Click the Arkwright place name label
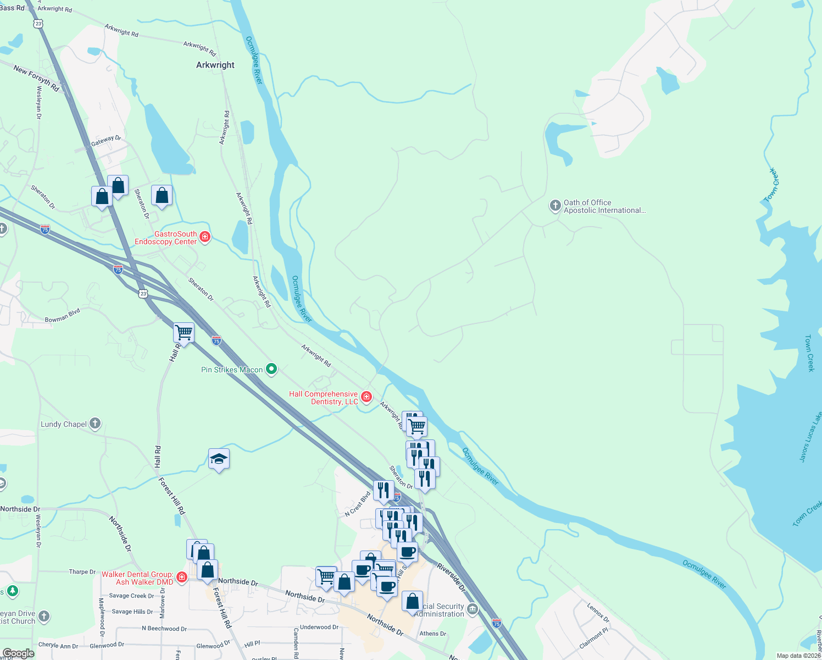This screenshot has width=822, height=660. [x=215, y=65]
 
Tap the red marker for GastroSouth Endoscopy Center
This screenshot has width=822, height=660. [x=205, y=237]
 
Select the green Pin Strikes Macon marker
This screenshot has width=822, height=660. [x=271, y=369]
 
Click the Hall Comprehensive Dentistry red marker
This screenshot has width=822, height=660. [x=366, y=397]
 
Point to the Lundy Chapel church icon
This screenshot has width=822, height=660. [x=95, y=424]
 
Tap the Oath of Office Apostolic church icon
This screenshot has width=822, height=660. [x=555, y=206]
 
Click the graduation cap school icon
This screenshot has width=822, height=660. [x=219, y=459]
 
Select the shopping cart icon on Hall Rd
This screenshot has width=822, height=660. [x=184, y=333]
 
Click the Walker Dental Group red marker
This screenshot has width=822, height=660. [x=181, y=577]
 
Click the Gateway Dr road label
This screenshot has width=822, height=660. [x=106, y=141]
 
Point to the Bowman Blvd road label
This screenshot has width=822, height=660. [x=63, y=316]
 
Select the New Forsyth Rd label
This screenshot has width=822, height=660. [x=36, y=78]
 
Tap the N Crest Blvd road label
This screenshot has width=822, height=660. [x=358, y=503]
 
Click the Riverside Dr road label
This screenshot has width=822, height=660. [x=451, y=577]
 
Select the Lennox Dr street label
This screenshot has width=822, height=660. [x=598, y=612]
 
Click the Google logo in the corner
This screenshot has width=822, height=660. [x=18, y=653]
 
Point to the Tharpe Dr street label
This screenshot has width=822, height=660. [x=82, y=572]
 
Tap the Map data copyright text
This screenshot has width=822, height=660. [x=798, y=656]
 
